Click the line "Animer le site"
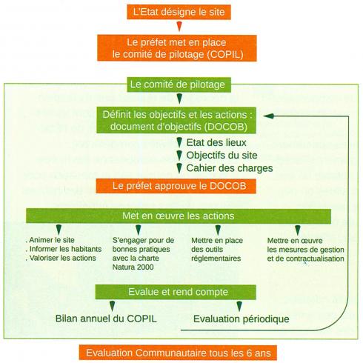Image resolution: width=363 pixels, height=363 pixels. coord(52,240)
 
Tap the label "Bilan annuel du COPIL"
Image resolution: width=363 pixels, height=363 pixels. coord(101,319)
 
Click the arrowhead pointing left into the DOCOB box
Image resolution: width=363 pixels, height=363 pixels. coord(268,117)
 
